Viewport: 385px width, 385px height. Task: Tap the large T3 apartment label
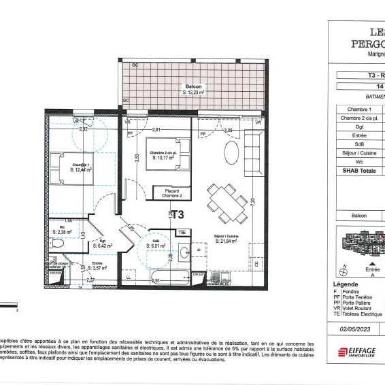click(x=178, y=214)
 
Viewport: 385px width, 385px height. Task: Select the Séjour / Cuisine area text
click(x=227, y=239)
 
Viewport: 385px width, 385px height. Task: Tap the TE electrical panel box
click(x=182, y=232)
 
